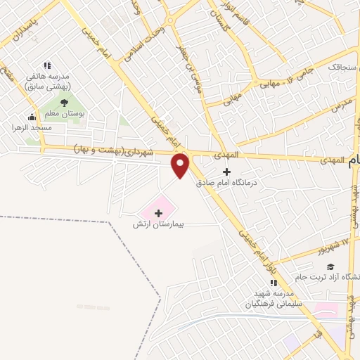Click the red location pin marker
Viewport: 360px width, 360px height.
[x=181, y=165]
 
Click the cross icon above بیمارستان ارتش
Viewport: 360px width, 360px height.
[x=158, y=212]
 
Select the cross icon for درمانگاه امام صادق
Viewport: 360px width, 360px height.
[x=226, y=172]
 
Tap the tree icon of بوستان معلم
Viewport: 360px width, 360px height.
[x=64, y=104]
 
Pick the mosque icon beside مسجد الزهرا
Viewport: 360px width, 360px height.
[x=32, y=117]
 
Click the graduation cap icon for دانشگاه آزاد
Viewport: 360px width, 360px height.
[x=329, y=266]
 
